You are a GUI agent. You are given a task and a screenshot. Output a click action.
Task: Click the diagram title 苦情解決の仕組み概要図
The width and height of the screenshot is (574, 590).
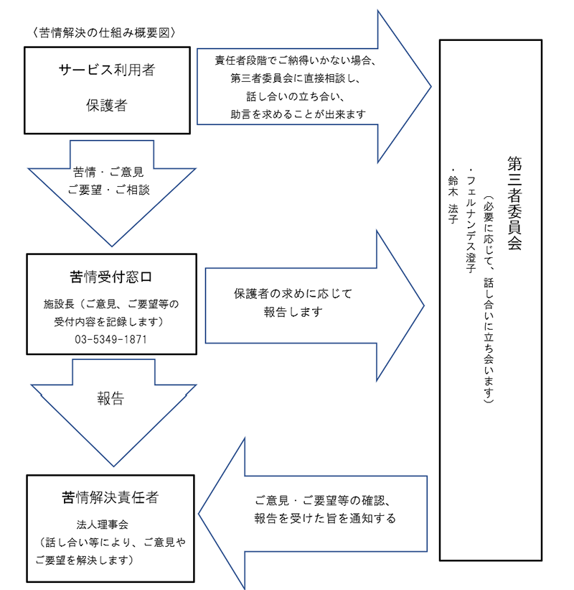point(104,33)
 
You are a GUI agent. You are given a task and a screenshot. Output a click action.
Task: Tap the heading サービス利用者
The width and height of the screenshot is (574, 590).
point(107,70)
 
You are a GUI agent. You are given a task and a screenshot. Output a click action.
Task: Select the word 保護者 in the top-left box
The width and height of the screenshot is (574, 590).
point(107,105)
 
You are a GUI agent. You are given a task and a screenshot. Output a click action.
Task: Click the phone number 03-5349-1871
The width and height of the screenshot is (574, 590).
point(110,339)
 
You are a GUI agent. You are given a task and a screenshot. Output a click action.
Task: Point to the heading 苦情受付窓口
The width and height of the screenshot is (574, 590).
point(110,277)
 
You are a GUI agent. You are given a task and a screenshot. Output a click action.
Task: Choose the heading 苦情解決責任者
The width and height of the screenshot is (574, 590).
point(110,497)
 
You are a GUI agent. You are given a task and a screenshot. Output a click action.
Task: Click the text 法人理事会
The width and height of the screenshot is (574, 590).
point(102,524)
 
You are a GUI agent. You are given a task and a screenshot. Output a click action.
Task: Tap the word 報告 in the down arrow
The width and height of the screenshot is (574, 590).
point(110,398)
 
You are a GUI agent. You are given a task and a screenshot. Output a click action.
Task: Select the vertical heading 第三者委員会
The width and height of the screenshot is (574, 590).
point(515,203)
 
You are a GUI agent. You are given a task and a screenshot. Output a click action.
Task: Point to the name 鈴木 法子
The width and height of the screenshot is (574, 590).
point(453,200)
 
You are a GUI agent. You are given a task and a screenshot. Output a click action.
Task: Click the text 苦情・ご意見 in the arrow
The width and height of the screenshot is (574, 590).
point(108,172)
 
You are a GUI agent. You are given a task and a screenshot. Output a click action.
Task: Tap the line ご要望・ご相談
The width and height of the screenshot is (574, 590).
point(108,190)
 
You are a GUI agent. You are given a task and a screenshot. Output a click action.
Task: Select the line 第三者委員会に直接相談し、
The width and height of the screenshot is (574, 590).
point(296,78)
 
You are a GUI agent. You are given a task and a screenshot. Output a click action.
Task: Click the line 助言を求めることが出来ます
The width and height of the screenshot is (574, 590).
point(298,114)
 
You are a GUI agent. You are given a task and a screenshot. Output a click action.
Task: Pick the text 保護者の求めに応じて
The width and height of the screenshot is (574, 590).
point(293,293)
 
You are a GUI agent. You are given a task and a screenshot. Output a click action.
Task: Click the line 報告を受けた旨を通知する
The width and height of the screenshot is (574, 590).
point(325,518)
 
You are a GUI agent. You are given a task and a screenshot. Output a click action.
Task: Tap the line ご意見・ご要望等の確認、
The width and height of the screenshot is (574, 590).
point(324,500)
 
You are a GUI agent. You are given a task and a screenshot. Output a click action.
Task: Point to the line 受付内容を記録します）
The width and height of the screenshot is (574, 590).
point(109,322)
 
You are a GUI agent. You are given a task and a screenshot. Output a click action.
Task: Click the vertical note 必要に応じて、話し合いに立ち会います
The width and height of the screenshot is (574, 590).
point(489,300)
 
